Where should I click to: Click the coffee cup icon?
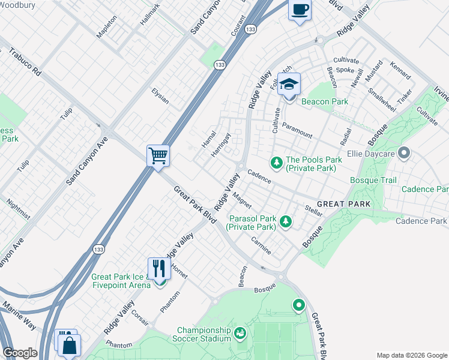coord(300,10)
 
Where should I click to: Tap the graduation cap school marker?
coord(289,85)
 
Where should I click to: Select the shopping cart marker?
coord(158,156)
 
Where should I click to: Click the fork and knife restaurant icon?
coord(159,268)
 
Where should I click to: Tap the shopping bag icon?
coord(70,346)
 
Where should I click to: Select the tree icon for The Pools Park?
coord(277,161)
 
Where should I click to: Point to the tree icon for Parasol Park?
coord(286,221)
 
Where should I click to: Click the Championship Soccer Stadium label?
coord(204,334)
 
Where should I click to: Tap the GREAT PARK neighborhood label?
coord(343,205)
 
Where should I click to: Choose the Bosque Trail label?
coord(373,180)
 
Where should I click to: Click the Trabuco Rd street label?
coord(25,62)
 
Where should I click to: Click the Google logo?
coord(20,353)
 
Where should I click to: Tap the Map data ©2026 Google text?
coord(411,355)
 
